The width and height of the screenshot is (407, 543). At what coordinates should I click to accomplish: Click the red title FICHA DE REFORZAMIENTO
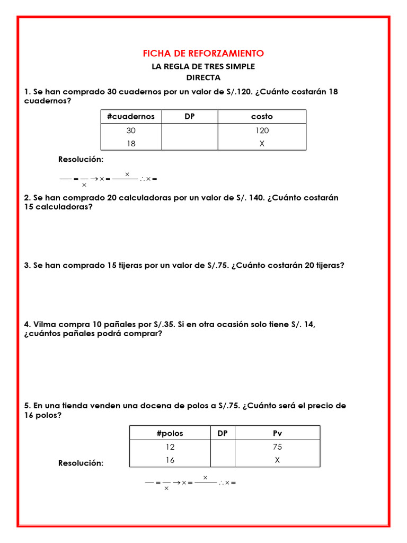203,54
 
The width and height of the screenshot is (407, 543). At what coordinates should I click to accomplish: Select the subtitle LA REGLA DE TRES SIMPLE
203,66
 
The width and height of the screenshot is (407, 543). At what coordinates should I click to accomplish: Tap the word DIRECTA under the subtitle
203,77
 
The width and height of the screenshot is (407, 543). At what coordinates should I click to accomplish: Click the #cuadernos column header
131,117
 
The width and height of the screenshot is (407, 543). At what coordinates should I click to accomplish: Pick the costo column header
262,117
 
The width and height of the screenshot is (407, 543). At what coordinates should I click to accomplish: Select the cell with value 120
262,130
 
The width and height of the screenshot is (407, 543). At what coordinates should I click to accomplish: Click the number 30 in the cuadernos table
131,130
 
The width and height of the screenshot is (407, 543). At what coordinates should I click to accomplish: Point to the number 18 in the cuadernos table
131,143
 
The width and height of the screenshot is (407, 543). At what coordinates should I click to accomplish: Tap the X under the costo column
262,143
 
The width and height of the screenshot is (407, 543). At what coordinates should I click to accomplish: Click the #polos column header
170,433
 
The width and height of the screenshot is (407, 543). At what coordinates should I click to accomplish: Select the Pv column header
277,433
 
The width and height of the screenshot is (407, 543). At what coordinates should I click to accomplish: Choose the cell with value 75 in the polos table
277,447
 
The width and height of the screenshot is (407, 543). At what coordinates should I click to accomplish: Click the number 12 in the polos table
170,447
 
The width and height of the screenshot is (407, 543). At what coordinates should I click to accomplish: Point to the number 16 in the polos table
170,460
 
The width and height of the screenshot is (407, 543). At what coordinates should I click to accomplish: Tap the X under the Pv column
277,460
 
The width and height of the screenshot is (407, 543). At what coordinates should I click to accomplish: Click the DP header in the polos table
223,433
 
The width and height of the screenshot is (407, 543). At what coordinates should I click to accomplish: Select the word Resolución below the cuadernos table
81,160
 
